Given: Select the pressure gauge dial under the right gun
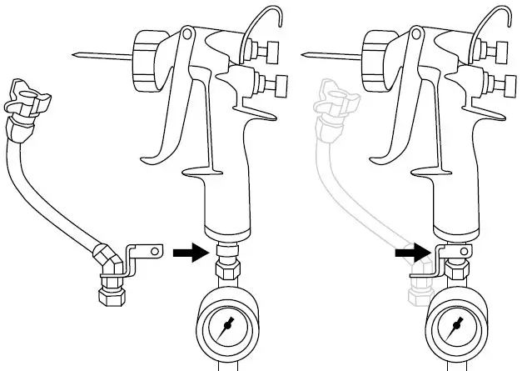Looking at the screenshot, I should (453, 324).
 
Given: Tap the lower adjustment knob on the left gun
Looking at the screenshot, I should (272, 83).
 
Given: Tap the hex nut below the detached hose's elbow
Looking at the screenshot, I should (109, 294).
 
